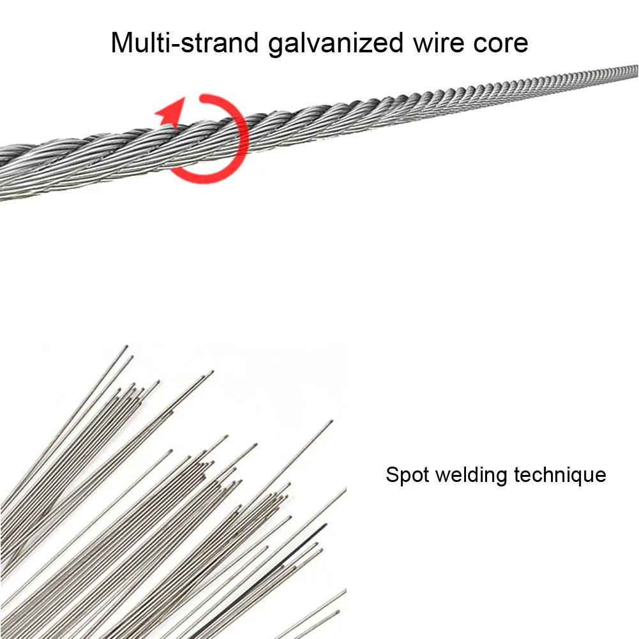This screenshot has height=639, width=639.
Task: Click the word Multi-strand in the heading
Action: click(186, 43)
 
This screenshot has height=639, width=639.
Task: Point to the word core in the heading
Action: click(504, 43)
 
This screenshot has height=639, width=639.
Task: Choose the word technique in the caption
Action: click(560, 475)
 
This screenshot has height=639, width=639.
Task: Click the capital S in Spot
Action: click(391, 475)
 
